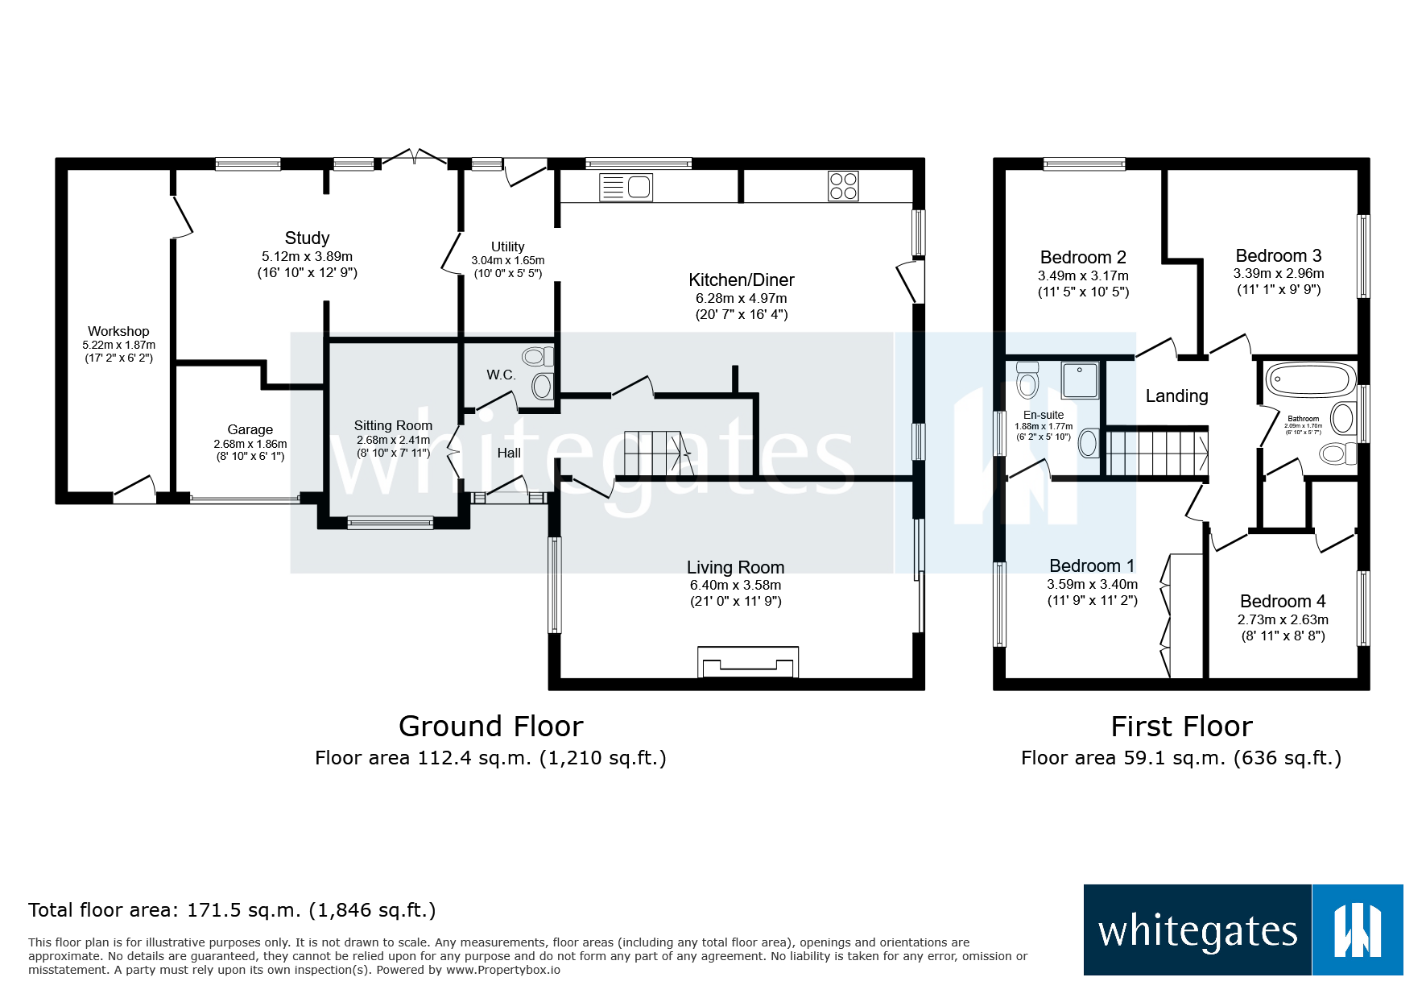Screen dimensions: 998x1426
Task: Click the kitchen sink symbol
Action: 626,188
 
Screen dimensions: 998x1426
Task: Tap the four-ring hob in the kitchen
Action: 843,186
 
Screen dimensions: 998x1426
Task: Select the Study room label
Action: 307,238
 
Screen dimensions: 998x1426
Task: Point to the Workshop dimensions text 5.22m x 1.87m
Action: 118,345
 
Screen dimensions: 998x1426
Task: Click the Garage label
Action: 250,429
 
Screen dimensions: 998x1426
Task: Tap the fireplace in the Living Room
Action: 748,662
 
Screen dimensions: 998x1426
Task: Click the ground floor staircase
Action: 657,453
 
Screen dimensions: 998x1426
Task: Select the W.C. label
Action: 501,375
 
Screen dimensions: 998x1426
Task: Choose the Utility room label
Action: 507,246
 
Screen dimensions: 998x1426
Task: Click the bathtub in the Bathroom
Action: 1309,379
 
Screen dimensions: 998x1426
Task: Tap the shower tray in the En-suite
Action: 1080,380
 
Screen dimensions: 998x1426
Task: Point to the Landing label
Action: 1176,395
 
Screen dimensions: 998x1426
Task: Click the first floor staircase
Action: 1156,453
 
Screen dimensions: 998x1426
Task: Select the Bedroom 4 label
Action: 1282,601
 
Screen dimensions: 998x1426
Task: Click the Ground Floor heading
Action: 490,727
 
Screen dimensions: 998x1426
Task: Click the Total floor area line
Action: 232,910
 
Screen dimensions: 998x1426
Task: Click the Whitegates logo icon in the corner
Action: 1358,930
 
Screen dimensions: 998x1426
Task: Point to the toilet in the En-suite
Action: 1027,380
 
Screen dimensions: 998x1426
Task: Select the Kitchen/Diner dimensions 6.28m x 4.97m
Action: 741,298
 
